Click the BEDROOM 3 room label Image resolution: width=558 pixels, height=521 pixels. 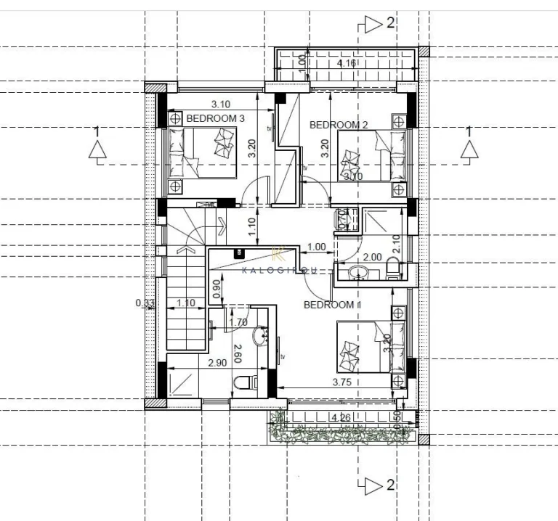(x=215, y=118)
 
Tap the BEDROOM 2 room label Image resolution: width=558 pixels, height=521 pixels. (x=339, y=125)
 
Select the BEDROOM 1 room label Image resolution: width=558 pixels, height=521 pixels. (x=332, y=305)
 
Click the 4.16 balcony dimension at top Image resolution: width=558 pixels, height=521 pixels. (x=347, y=65)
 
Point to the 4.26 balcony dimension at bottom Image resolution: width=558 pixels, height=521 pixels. (x=341, y=418)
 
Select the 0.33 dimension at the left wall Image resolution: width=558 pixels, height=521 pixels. (x=145, y=303)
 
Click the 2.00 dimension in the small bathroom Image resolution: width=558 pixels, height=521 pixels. (x=372, y=257)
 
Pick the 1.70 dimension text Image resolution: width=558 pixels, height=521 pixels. (x=238, y=322)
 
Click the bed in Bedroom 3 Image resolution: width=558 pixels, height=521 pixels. (x=203, y=152)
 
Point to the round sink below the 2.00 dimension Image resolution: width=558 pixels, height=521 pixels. (x=359, y=273)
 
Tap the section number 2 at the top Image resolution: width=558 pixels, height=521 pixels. (x=390, y=23)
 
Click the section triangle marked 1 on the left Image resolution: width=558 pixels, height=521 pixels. (x=97, y=149)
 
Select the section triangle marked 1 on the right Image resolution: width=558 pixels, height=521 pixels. (x=469, y=149)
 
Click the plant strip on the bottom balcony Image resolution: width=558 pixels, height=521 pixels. (x=341, y=434)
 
